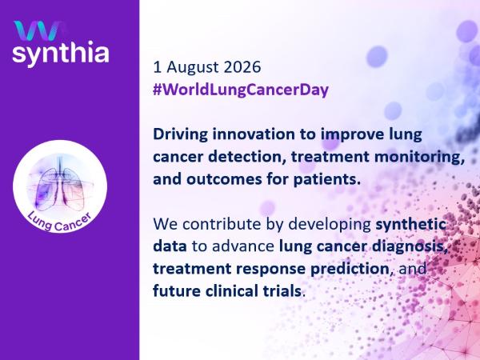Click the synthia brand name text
(61, 54)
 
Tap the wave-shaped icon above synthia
(38, 30)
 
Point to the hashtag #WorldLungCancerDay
(241, 90)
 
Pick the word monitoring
(419, 158)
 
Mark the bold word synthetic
(410, 225)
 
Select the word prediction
(350, 270)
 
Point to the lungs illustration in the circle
(60, 184)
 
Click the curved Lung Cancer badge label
(59, 222)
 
